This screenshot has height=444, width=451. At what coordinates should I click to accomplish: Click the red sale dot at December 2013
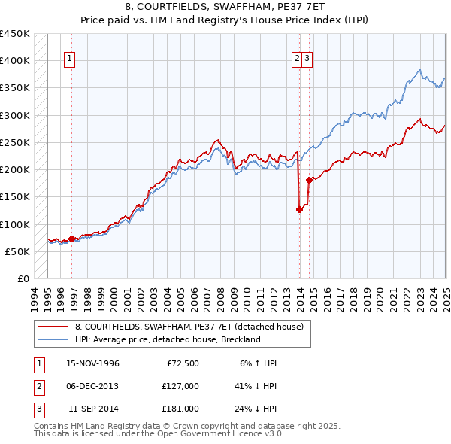coord(299,209)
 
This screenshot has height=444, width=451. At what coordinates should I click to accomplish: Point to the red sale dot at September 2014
coord(309,180)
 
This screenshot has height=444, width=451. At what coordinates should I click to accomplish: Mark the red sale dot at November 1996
coord(72,239)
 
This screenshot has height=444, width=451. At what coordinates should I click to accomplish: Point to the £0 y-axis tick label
coord(23,278)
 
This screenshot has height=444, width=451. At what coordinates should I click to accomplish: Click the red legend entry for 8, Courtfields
coord(189,327)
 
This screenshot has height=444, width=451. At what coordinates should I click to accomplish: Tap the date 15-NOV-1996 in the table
coord(93,363)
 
